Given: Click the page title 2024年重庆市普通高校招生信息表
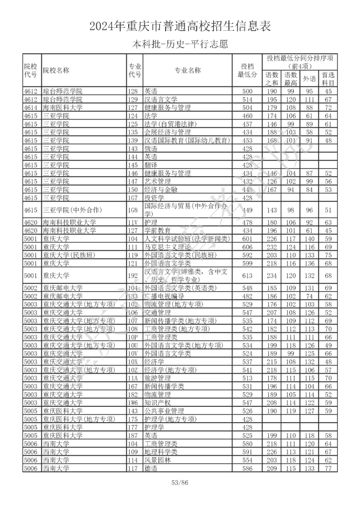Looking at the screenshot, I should coord(180,26).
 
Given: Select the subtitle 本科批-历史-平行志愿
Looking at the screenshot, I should coord(180,45).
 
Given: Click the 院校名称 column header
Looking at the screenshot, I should coord(56,71).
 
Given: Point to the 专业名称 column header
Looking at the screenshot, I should coord(187,71).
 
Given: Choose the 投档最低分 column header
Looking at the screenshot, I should coord(247,71).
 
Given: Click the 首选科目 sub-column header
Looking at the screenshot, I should coord(328,79).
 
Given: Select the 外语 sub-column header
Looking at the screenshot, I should coord(311,79).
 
